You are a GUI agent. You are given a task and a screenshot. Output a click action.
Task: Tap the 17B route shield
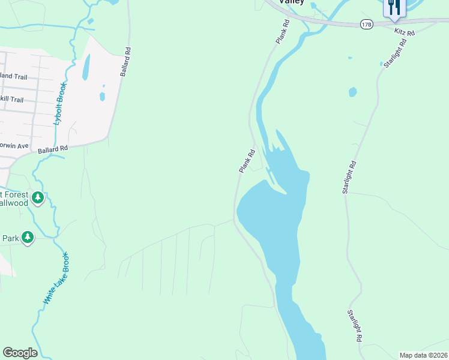click(x=366, y=24)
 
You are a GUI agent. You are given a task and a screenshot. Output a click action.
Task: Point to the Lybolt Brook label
click(x=60, y=103)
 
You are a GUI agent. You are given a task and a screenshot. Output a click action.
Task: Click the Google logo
click(x=20, y=353)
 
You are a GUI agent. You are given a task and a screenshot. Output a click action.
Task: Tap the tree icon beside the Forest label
click(x=38, y=197)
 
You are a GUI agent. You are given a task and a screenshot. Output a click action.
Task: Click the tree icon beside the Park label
click(x=27, y=238)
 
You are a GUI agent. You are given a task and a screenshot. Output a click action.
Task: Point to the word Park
click(x=10, y=238)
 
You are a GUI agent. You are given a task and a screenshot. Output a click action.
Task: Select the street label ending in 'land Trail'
click(x=13, y=77)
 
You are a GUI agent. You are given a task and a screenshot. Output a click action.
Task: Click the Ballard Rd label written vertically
click(x=125, y=62)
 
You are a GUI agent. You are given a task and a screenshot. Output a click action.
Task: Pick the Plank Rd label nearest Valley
click(x=283, y=31)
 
